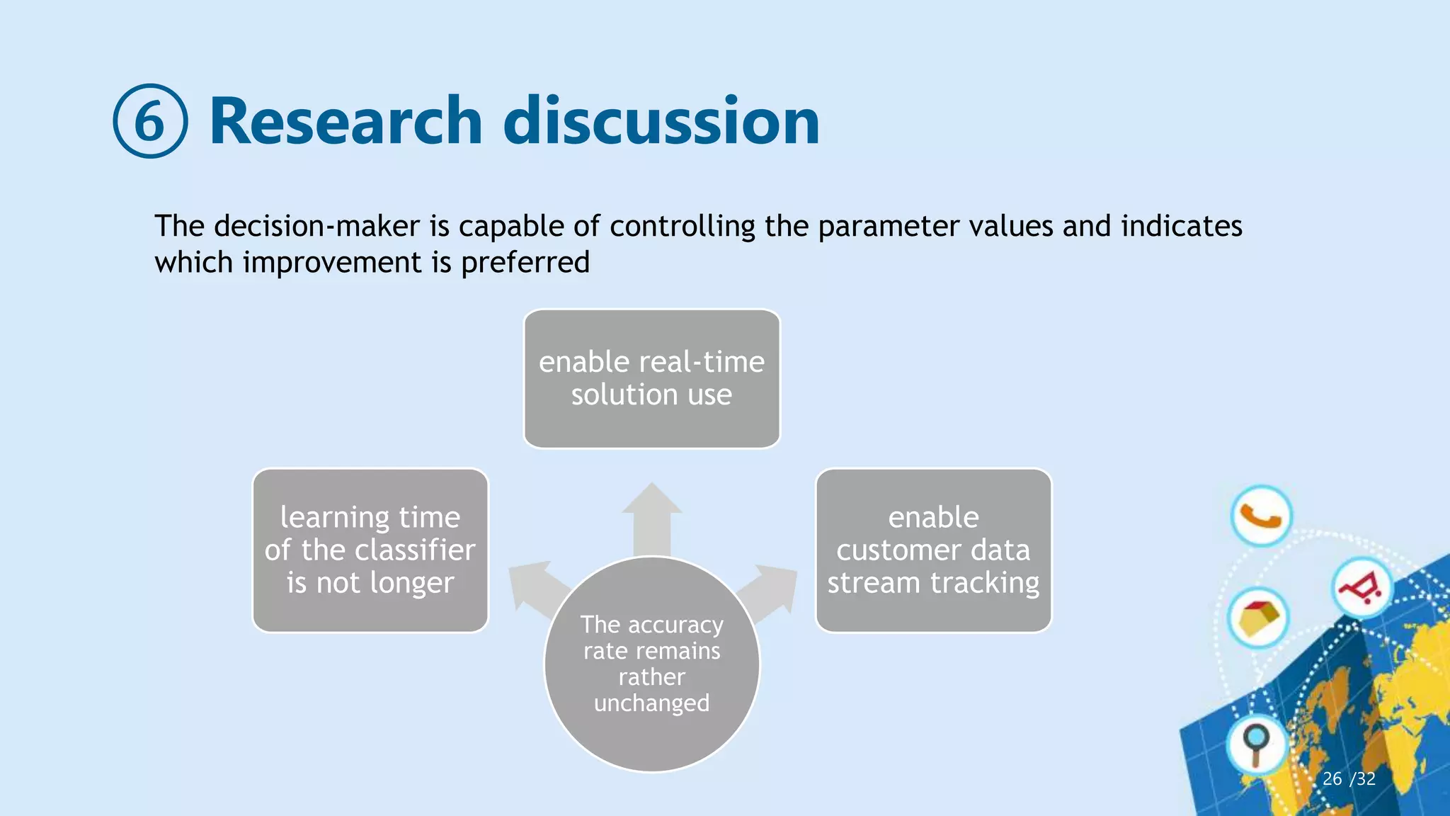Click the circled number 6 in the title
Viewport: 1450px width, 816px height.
150,121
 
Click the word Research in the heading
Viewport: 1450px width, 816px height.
346,121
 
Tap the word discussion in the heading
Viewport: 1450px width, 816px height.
661,121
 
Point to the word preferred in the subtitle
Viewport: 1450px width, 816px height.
525,263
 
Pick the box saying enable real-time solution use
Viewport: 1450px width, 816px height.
651,378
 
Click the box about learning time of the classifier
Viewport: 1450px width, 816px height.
370,550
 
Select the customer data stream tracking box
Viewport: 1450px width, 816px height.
933,550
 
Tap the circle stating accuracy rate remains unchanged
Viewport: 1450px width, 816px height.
651,664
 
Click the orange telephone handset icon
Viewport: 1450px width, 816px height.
1261,516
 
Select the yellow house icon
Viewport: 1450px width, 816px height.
1258,617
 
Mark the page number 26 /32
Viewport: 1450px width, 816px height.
1349,778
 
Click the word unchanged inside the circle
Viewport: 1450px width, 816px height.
651,703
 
